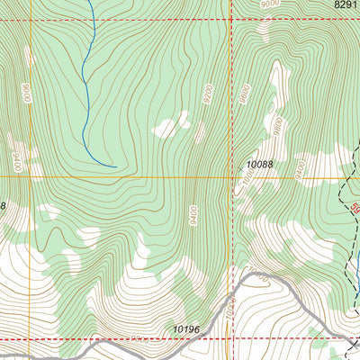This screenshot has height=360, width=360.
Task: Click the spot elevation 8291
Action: tap(345, 5)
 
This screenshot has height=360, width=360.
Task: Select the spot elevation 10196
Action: tap(186, 330)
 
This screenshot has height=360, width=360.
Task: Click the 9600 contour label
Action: tap(244, 96)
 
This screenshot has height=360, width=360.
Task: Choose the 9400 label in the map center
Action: tap(193, 215)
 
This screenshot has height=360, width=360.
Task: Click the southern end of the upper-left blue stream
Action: tap(115, 166)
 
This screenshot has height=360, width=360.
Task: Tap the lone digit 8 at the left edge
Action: tap(3, 206)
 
